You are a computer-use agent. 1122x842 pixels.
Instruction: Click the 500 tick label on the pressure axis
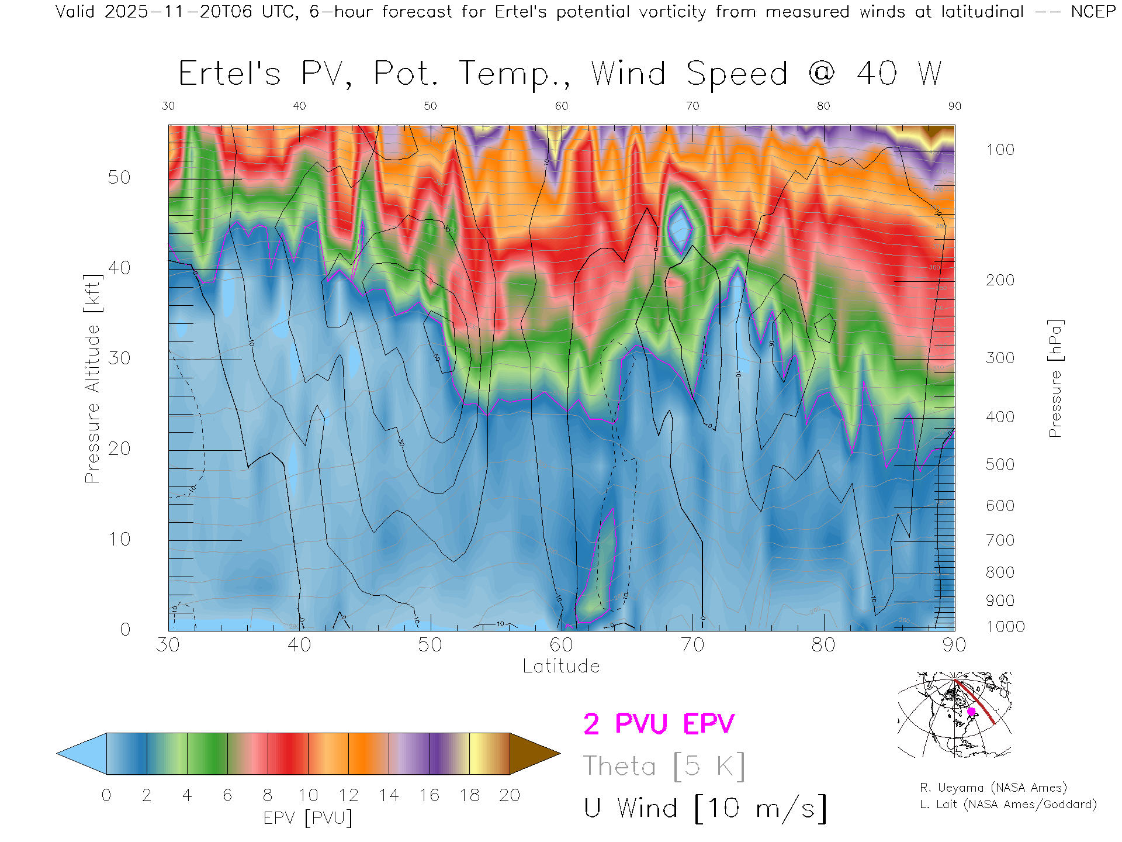point(1000,464)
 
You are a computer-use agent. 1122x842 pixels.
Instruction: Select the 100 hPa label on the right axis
point(1000,150)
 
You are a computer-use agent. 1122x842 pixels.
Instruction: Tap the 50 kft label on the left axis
point(119,177)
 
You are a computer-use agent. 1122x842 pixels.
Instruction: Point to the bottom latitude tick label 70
point(692,645)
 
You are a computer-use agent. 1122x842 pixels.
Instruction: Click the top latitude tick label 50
point(430,106)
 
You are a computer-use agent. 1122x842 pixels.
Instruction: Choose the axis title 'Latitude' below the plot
point(561,666)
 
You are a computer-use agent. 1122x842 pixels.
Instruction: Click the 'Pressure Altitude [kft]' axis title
point(92,378)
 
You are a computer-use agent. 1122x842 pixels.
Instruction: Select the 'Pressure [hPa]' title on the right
point(1055,378)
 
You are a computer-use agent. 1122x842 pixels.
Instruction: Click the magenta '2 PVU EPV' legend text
point(659,724)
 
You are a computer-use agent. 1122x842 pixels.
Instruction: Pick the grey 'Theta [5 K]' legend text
point(664,766)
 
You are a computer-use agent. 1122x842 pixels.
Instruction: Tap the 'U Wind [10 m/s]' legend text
point(705,809)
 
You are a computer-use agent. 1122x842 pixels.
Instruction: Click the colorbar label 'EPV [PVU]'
point(308,817)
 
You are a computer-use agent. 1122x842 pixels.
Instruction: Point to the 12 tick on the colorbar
point(348,795)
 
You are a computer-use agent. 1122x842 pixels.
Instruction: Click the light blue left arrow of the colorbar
point(82,754)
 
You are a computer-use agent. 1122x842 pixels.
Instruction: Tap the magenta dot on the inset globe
point(971,712)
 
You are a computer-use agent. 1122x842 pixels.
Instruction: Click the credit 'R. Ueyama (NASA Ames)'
point(993,788)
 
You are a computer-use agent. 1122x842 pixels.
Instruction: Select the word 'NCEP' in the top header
point(1093,12)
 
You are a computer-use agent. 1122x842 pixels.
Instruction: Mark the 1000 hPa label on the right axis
point(1005,627)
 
